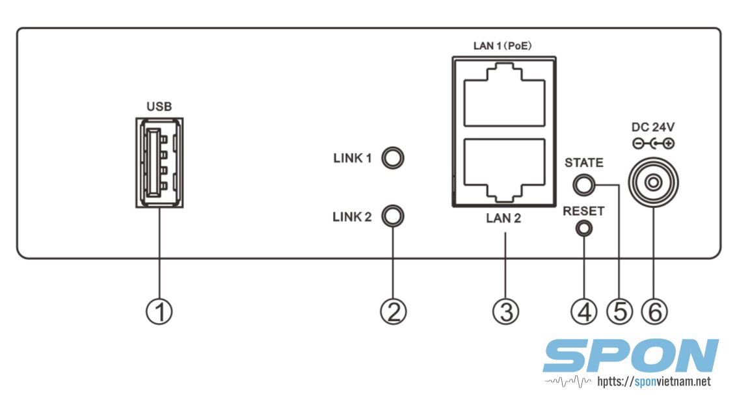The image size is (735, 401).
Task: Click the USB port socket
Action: click(159, 162)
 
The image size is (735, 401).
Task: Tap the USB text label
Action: click(159, 107)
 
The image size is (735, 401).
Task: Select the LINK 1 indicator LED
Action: click(393, 157)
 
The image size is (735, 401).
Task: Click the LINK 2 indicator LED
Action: click(393, 215)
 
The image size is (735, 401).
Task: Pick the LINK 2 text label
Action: click(352, 216)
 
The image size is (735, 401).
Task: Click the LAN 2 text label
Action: click(503, 218)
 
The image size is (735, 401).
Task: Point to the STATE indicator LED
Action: click(583, 185)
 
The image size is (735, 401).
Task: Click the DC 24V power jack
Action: click(652, 183)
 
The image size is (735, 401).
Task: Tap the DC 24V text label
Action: click(652, 127)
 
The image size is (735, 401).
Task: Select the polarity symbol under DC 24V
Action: click(652, 144)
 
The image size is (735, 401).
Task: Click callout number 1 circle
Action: click(159, 311)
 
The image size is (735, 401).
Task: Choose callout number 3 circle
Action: click(505, 311)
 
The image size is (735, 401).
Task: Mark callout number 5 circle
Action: click(619, 311)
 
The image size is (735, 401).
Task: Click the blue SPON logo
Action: click(630, 357)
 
